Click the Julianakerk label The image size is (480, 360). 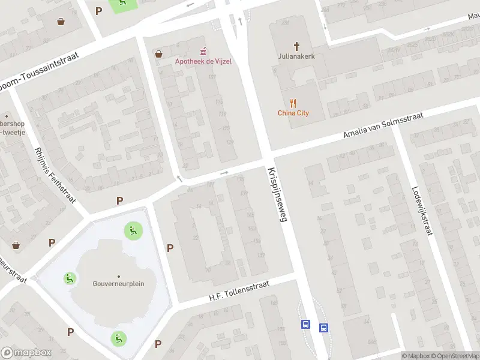[x=296, y=58]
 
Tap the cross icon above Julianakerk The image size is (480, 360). [x=296, y=46]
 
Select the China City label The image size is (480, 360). [x=293, y=113]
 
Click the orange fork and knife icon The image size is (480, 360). [x=293, y=103]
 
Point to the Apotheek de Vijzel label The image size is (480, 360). [x=203, y=61]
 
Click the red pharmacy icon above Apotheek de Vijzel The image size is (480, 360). [x=203, y=50]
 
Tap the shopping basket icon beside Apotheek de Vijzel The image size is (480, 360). [x=158, y=53]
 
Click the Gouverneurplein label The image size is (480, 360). [x=118, y=284]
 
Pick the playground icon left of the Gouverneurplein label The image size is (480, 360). [x=70, y=278]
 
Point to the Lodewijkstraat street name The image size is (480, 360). [x=422, y=209]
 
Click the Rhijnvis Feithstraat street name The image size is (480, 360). [x=55, y=174]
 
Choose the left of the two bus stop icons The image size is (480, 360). [x=305, y=325]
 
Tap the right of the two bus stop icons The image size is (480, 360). [x=323, y=328]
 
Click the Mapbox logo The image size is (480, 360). [x=26, y=353]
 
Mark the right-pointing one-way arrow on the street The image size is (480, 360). [x=224, y=173]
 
